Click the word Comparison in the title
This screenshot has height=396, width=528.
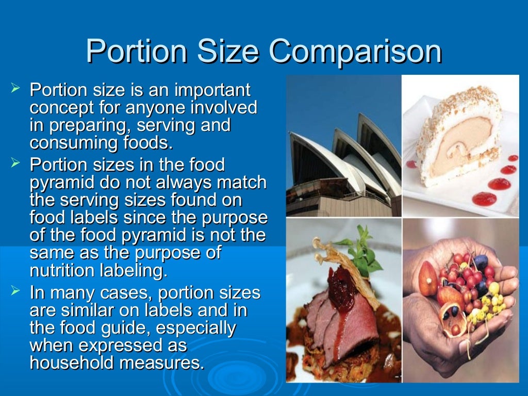[355, 52]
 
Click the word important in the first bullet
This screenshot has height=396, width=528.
[213, 90]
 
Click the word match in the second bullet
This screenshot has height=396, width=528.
[241, 183]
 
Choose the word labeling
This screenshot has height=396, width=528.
[135, 270]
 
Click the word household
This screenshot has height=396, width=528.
[72, 362]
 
